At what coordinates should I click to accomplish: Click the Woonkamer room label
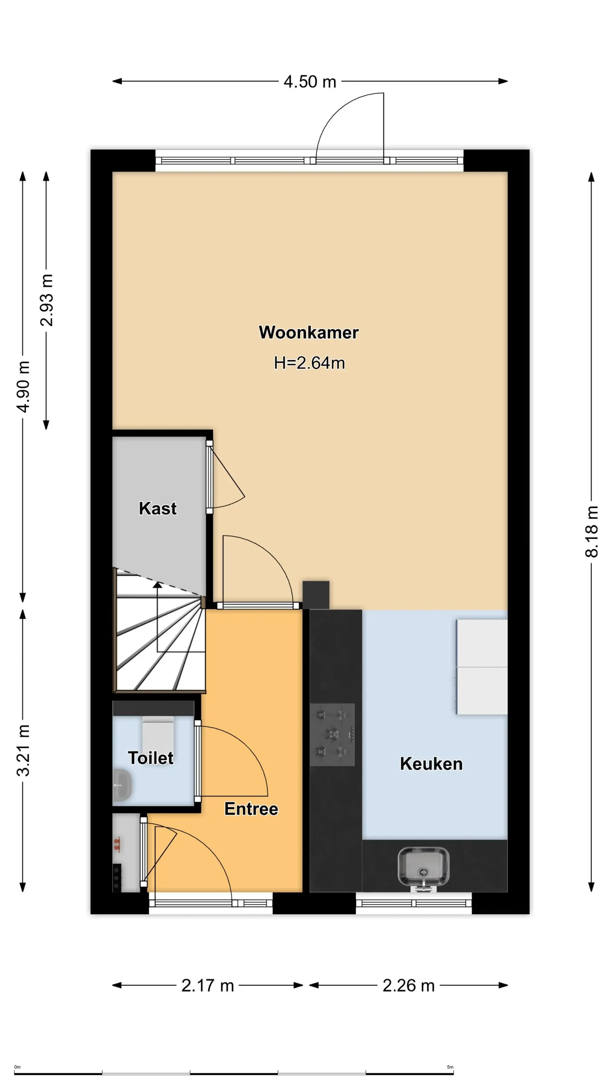coord(308,332)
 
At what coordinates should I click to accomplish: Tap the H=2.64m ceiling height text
coord(309,363)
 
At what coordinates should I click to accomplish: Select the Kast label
coord(158,508)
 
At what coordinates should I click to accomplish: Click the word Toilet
coord(151,758)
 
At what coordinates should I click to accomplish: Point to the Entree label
coord(251,809)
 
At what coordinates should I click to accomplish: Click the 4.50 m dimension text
coord(310,82)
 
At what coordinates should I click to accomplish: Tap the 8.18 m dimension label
coord(591,531)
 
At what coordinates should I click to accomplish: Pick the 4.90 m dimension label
coord(23,387)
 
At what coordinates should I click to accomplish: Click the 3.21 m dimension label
coord(23,750)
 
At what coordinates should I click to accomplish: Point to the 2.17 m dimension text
coord(208,985)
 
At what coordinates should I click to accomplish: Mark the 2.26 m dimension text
coord(408,985)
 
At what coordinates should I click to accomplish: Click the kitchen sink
coord(423,867)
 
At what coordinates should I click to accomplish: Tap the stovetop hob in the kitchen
coord(332,735)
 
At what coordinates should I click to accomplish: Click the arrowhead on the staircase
coord(157,585)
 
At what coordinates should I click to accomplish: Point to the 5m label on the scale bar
coord(450,1067)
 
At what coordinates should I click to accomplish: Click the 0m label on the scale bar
coord(17,1067)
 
